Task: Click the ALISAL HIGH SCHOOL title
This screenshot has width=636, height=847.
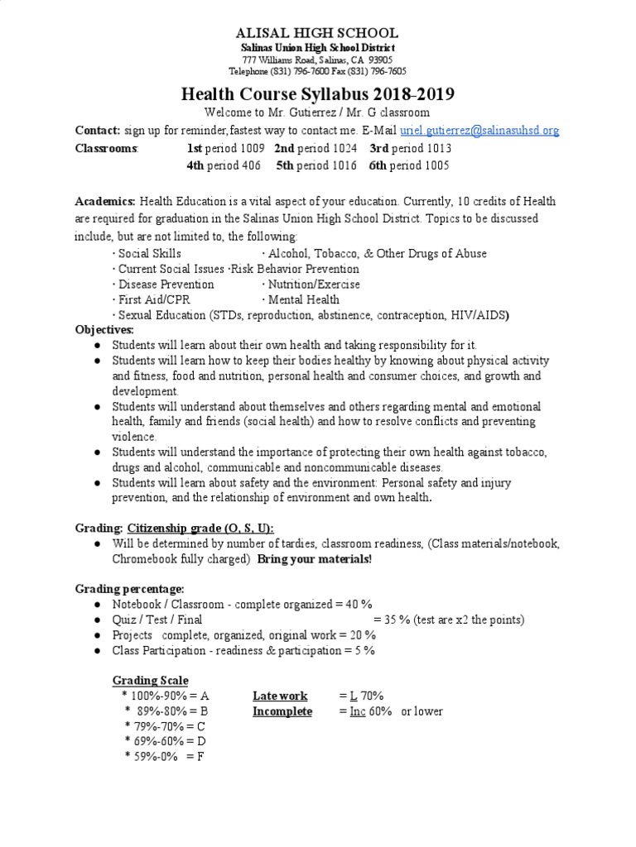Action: pos(318,33)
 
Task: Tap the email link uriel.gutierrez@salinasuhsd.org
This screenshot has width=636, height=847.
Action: pos(479,130)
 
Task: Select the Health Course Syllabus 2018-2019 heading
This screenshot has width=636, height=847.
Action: pos(318,94)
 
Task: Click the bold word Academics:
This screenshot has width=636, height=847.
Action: pos(105,202)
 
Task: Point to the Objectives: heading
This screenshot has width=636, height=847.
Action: pos(104,329)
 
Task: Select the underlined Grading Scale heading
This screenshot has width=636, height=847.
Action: pos(150,681)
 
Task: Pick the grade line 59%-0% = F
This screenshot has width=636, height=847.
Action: pos(163,756)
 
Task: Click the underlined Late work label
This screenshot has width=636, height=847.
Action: pos(280,696)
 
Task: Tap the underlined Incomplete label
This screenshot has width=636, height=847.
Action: pos(282,711)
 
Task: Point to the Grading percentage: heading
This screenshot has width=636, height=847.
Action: pos(129,588)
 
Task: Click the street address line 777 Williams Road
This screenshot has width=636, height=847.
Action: pos(318,60)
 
